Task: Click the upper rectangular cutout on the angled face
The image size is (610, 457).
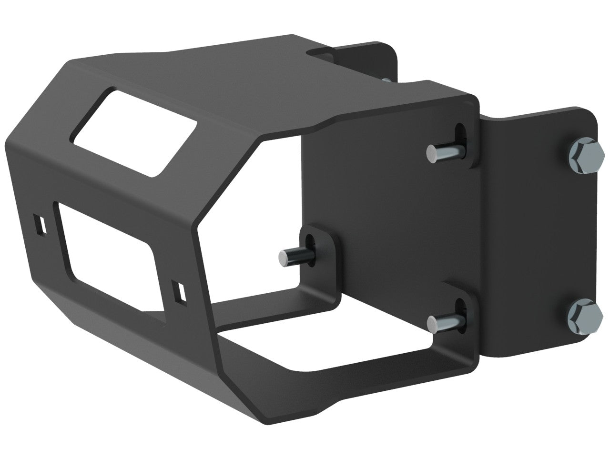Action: [134, 131]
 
